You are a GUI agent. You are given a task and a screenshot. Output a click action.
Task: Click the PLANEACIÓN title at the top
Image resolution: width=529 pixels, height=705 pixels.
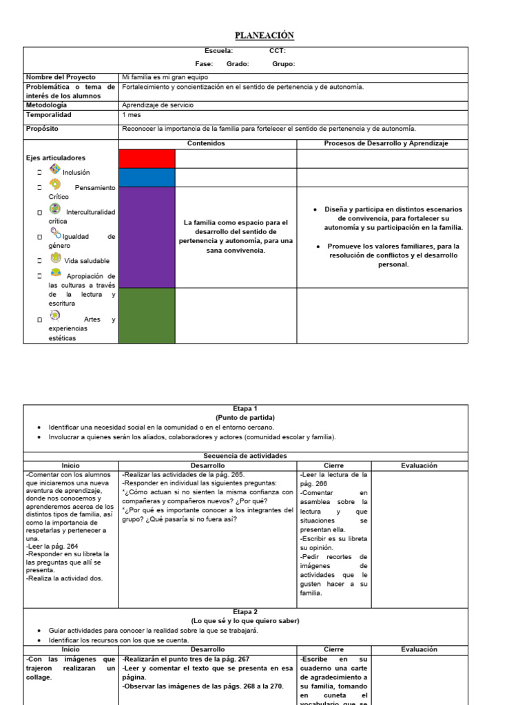pos(264,36)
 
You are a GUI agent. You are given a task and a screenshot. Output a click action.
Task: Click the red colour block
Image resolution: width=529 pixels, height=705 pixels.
pos(147,158)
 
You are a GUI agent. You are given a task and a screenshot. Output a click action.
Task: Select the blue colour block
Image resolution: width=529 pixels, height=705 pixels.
pos(147,178)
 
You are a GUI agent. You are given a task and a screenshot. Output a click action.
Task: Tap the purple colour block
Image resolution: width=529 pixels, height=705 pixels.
pos(147,237)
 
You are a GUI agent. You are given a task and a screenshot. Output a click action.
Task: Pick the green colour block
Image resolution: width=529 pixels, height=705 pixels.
pos(147,315)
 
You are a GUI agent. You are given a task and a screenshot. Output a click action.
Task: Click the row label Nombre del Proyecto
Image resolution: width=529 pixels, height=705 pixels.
pos(61,77)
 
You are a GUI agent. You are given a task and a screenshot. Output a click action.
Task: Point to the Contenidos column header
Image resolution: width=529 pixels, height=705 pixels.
pos(206,143)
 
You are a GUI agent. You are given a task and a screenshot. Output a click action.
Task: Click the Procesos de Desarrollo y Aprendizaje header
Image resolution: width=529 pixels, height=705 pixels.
pos(386,143)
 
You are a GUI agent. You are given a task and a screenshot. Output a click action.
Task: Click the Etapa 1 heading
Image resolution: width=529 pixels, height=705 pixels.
pos(245,408)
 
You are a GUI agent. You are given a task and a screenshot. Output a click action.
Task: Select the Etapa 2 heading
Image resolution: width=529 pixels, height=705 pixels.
pos(245,611)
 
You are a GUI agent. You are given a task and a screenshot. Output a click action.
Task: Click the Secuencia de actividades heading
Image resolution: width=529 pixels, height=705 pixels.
pos(245,456)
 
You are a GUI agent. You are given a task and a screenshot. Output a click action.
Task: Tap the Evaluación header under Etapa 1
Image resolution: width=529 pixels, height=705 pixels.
pos(419,465)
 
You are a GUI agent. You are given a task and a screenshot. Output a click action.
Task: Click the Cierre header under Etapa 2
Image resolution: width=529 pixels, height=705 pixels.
pos(333,649)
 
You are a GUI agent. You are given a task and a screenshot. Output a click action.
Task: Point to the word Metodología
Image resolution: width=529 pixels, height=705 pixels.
pos(47,105)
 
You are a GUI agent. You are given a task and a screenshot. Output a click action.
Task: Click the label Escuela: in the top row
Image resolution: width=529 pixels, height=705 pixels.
pos(218,51)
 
